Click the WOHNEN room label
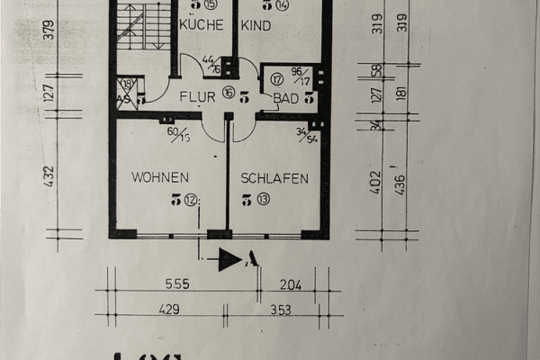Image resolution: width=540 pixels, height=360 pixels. tap(159, 177)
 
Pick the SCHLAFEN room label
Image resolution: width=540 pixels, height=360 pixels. tap(274, 178)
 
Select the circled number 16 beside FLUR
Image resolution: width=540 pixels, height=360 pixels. tap(228, 93)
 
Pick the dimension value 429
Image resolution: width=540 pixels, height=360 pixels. tap(168, 309)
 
